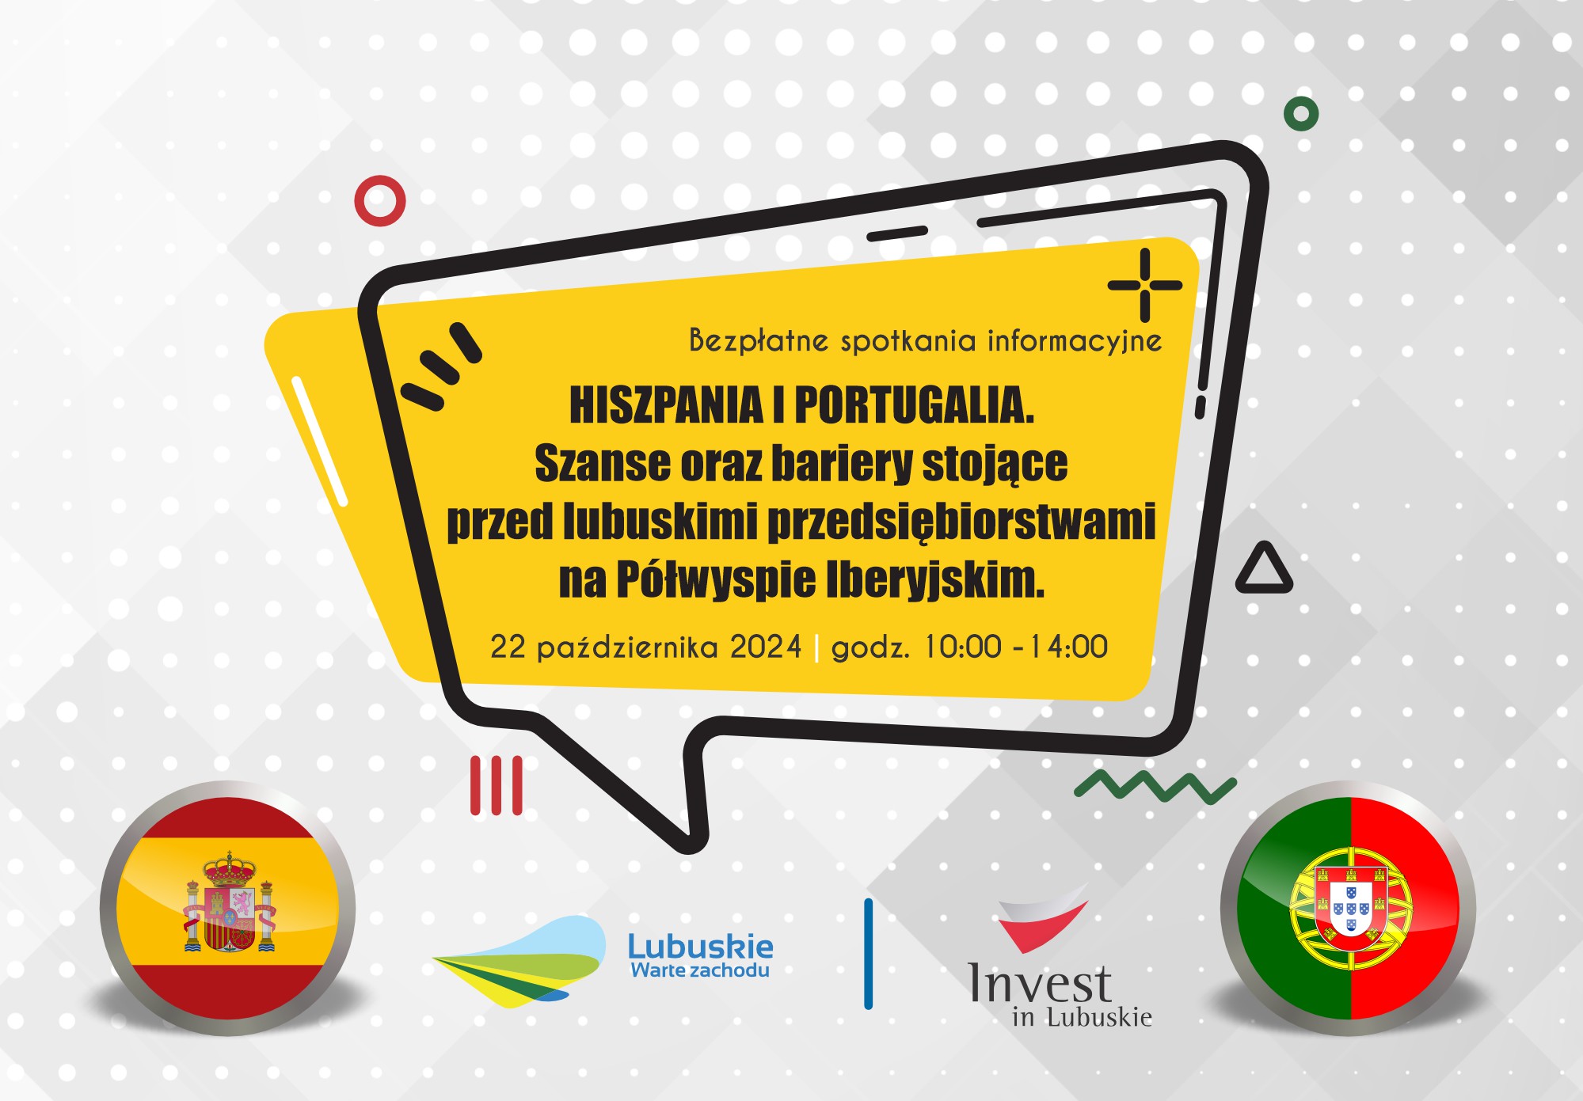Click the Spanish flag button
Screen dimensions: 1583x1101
point(227,908)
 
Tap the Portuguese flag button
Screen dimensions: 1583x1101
point(1348,908)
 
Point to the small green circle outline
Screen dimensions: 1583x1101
point(1301,114)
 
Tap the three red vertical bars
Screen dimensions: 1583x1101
point(497,785)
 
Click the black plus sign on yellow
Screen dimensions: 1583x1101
point(1145,285)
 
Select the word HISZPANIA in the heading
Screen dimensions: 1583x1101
point(666,405)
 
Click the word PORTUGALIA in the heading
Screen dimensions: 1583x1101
point(915,405)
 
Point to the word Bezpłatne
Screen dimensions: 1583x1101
point(759,340)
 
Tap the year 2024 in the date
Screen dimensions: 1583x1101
point(766,647)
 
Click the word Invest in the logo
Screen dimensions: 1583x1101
point(1041,983)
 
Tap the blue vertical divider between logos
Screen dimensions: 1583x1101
point(869,954)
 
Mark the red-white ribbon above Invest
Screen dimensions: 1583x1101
point(1041,921)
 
